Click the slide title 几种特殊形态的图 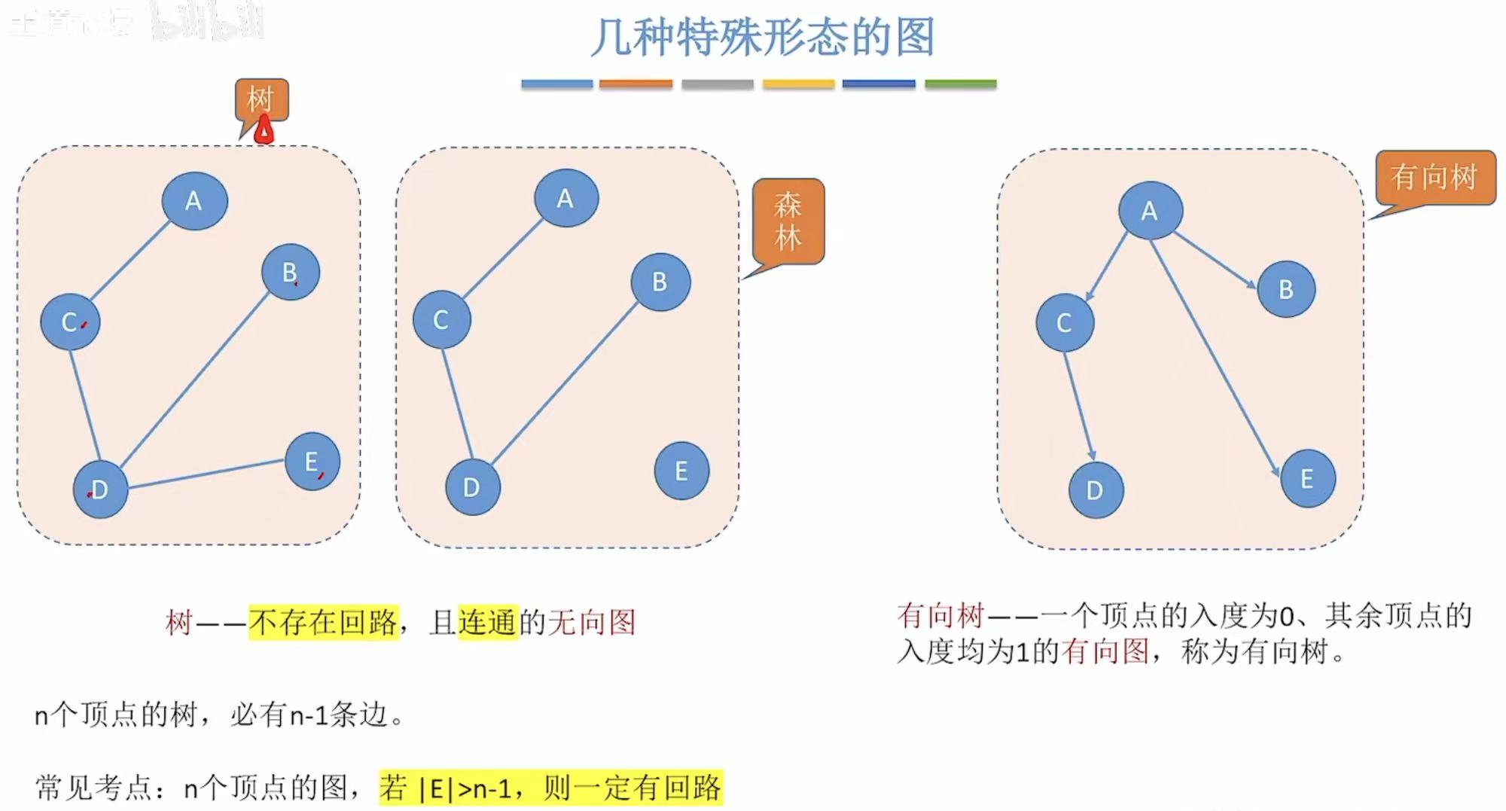(762, 38)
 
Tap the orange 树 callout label (261, 99)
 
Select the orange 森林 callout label (788, 221)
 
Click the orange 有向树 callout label (1434, 177)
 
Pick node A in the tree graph (194, 201)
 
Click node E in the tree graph (312, 462)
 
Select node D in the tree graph (100, 489)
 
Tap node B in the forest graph (660, 282)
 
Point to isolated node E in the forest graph (681, 471)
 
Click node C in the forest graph (441, 320)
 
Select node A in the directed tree (1150, 211)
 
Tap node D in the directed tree (1096, 490)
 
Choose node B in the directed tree (1286, 289)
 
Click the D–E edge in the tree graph (206, 474)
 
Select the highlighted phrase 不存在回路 (323, 622)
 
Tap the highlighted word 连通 (488, 622)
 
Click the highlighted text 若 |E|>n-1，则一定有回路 (550, 788)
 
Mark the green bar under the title (960, 84)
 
